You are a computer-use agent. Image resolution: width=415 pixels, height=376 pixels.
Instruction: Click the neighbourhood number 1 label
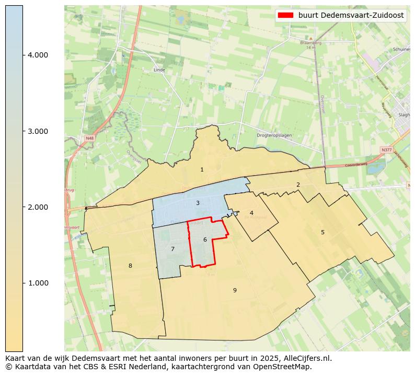click(202, 170)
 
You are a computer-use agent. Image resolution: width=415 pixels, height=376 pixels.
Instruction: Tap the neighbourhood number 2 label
click(298, 185)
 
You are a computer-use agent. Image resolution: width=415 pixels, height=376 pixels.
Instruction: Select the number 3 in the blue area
click(198, 203)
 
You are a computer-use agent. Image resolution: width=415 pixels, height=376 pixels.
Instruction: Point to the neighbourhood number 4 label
click(251, 213)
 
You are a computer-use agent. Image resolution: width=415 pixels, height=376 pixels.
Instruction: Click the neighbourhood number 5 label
click(322, 232)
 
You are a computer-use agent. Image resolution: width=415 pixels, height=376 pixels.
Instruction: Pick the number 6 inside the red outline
click(205, 240)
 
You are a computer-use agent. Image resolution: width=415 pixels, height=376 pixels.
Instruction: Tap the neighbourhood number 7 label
click(172, 249)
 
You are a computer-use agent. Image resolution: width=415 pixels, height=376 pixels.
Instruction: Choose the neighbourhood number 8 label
click(130, 266)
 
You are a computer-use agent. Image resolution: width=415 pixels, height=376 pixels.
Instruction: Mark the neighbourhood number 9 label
click(235, 290)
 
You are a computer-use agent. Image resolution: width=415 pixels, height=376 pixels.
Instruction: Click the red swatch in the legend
click(285, 16)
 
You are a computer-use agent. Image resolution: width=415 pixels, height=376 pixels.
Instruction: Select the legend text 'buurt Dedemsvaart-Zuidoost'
click(351, 16)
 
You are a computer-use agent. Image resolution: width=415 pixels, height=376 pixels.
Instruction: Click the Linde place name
click(159, 70)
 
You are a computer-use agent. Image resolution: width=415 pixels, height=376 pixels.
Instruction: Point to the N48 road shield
click(90, 138)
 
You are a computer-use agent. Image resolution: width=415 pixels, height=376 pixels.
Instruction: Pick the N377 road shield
click(386, 150)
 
